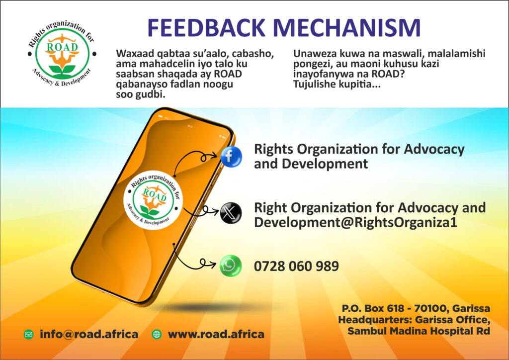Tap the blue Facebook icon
pos(231,157)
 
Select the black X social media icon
pos(231,213)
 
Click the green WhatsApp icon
pos(231,266)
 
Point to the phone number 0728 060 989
pos(296,266)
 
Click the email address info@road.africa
pos(89,334)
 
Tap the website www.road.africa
pos(216,334)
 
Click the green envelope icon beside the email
pos(28,334)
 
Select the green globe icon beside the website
pos(157,334)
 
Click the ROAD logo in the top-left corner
pos(62,54)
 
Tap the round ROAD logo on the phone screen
pos(153,200)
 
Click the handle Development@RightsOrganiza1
pos(355,222)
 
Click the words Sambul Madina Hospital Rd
pos(419,331)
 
